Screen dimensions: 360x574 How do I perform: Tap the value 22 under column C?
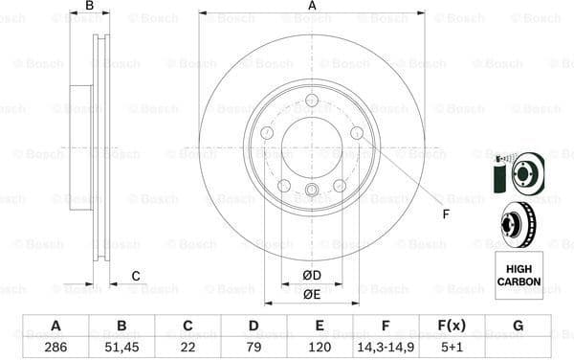pyautogui.click(x=187, y=347)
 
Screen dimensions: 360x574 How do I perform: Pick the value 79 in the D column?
pyautogui.click(x=253, y=347)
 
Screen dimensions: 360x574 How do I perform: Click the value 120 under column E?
pyautogui.click(x=319, y=347)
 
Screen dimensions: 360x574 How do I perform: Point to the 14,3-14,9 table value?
pyautogui.click(x=386, y=347)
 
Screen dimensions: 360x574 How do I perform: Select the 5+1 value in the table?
pyautogui.click(x=452, y=347)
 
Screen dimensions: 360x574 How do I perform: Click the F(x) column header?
pyautogui.click(x=452, y=326)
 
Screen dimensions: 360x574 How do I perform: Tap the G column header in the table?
pyautogui.click(x=518, y=326)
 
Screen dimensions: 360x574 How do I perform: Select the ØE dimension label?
pyautogui.click(x=312, y=295)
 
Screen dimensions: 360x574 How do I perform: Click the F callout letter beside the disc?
pyautogui.click(x=445, y=214)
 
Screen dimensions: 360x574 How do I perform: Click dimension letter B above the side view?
pyautogui.click(x=90, y=7)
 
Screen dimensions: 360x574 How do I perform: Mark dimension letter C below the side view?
pyautogui.click(x=136, y=277)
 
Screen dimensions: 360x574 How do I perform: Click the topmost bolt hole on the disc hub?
pyautogui.click(x=312, y=100)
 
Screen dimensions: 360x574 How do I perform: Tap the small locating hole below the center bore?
pyautogui.click(x=312, y=191)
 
